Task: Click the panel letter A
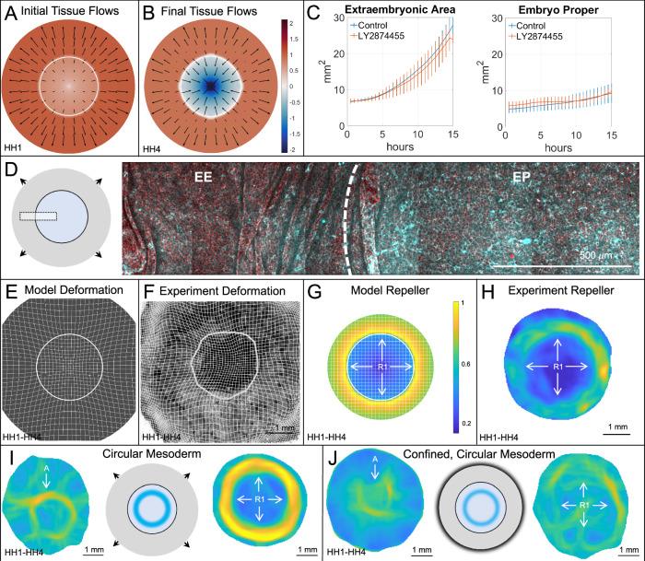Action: [11, 13]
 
